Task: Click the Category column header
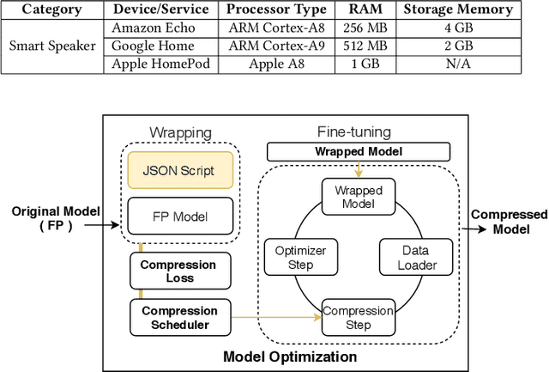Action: pos(51,10)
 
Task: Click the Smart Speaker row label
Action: pos(52,45)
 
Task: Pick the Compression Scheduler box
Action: pos(178,317)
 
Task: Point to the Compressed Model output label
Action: pos(511,223)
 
